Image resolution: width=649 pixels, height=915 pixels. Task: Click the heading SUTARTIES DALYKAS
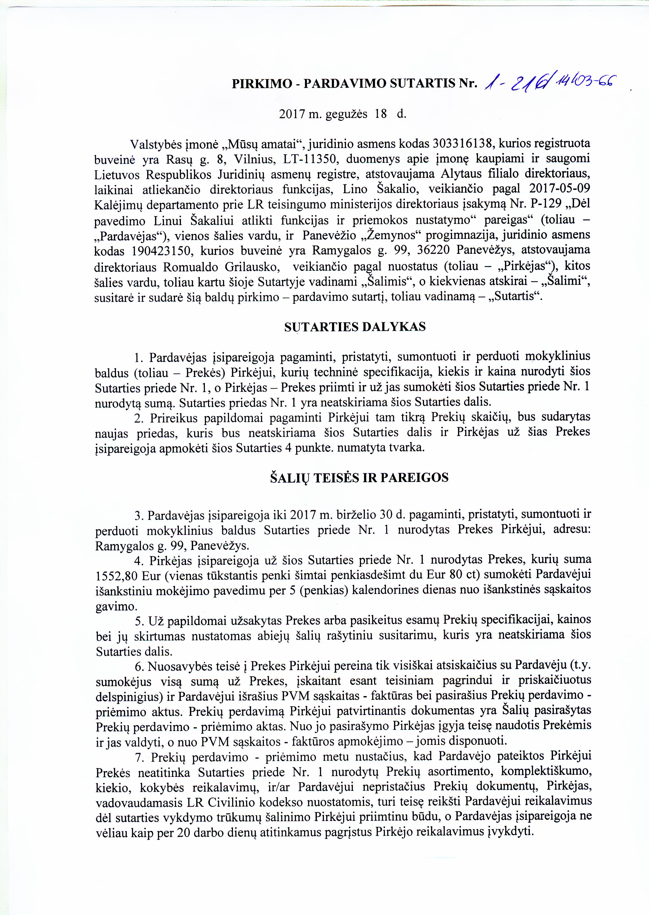pyautogui.click(x=355, y=327)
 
